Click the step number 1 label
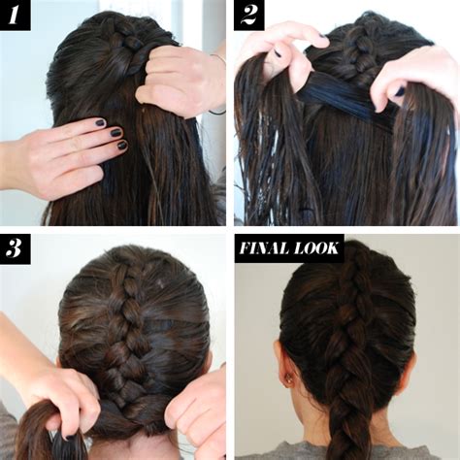coord(14,15)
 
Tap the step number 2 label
coord(248,15)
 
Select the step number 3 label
coord(15,248)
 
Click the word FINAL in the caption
coord(265,248)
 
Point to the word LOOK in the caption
coord(316,248)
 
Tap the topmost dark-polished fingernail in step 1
coord(100,122)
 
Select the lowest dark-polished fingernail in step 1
coord(122,146)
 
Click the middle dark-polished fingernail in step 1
coord(115,132)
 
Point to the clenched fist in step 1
coord(177,81)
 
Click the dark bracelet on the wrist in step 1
coord(217,112)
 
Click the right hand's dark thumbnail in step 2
coord(401,91)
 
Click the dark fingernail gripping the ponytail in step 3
coord(69,438)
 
